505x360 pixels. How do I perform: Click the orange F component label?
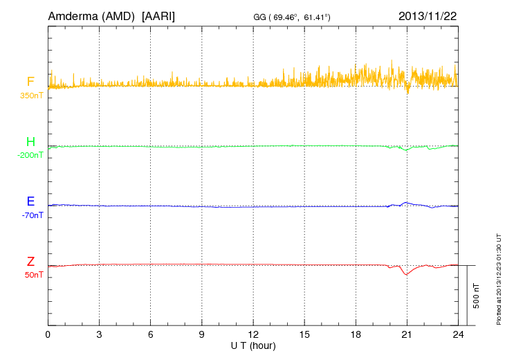(x=30, y=82)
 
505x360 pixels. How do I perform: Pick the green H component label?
(x=30, y=142)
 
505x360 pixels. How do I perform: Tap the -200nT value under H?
(x=30, y=155)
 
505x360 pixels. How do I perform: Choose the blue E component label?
(x=30, y=201)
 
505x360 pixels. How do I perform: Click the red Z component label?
(x=30, y=261)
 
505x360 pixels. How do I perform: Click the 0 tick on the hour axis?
(x=48, y=335)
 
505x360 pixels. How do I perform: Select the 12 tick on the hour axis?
(x=253, y=335)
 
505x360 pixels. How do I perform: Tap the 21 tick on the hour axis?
(x=407, y=335)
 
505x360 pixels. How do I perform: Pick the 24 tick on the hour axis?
(x=458, y=335)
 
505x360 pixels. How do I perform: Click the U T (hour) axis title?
(x=252, y=345)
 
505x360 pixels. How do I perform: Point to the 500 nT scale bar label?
(x=477, y=296)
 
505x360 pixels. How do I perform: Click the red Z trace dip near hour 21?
(x=406, y=274)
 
